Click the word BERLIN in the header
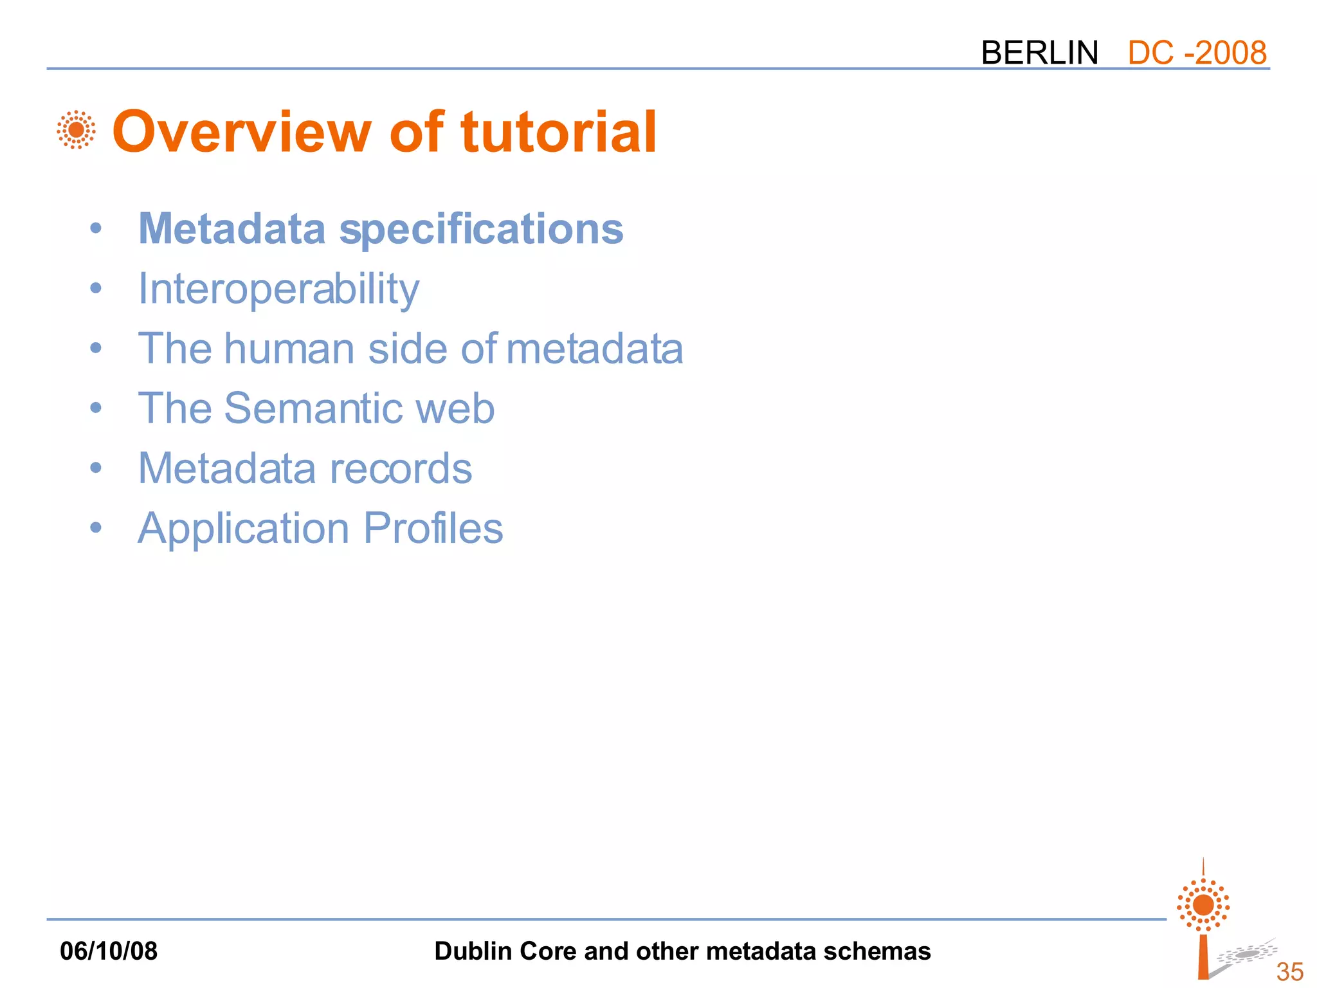tap(1039, 53)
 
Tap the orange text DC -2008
tap(1197, 53)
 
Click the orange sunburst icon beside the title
tap(76, 130)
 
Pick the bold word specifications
tap(481, 229)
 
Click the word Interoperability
tap(278, 289)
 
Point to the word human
tap(289, 349)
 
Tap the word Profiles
tap(433, 528)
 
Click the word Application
tap(243, 529)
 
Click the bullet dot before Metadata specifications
tap(96, 228)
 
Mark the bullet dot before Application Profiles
tap(96, 528)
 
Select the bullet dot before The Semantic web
tap(96, 408)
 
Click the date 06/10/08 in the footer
tap(109, 951)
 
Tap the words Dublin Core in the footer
tap(505, 951)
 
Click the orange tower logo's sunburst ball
tap(1203, 905)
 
